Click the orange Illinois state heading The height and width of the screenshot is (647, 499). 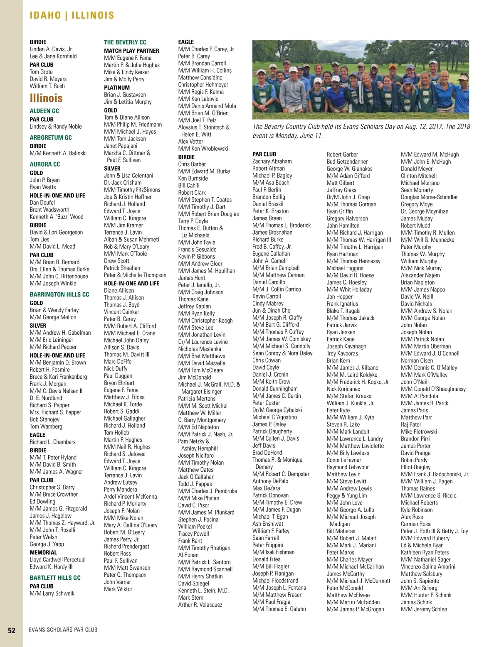(x=46, y=98)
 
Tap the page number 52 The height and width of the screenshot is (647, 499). (x=12, y=630)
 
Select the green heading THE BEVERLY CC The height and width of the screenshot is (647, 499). (x=125, y=42)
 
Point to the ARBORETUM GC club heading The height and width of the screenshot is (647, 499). (x=51, y=137)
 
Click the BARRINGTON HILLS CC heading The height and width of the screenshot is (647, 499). (x=59, y=294)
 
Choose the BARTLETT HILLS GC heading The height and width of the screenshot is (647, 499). (x=55, y=578)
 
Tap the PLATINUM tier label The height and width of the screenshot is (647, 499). (x=117, y=88)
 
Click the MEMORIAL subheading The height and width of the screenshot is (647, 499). (x=43, y=552)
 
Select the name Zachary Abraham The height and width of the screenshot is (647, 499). (x=272, y=162)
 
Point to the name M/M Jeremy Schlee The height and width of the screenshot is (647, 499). (x=424, y=609)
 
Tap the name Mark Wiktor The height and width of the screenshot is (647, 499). (x=118, y=589)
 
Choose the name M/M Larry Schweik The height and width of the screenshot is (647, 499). (x=52, y=593)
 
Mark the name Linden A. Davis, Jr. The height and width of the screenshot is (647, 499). (x=51, y=49)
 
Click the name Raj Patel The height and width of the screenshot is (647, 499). (x=411, y=424)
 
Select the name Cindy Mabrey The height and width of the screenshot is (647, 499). (x=268, y=304)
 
